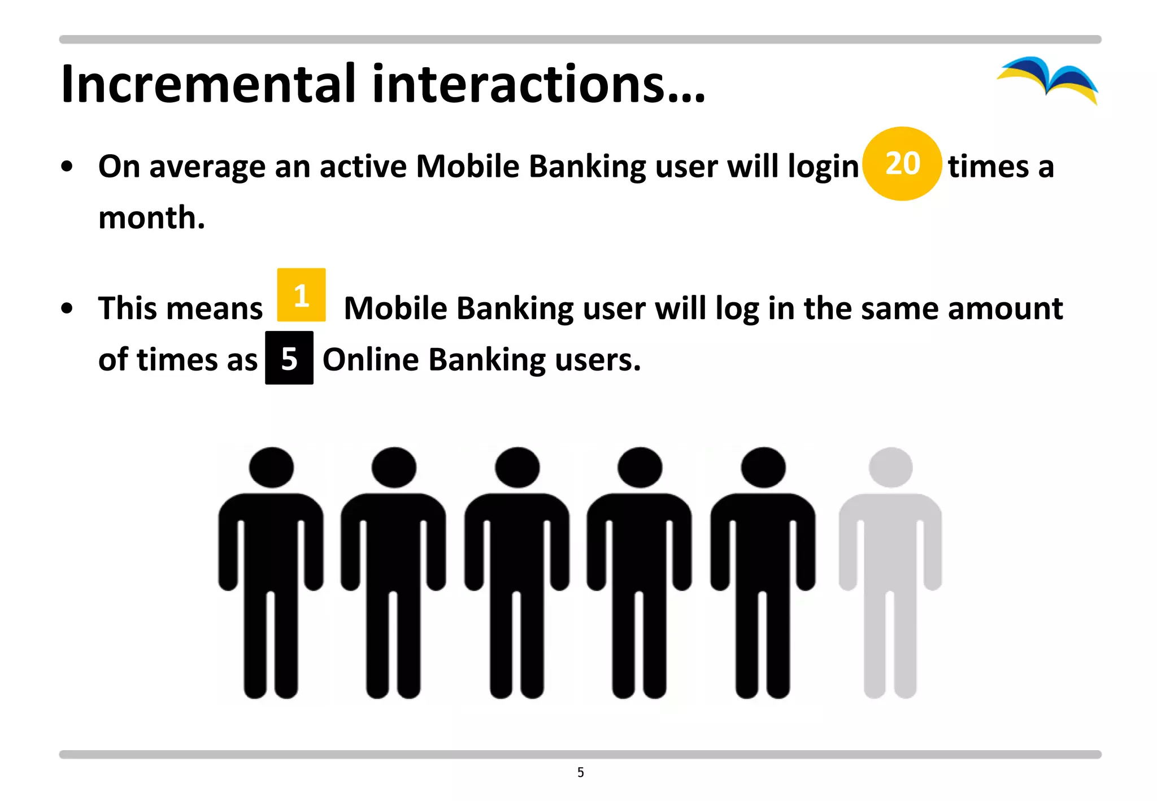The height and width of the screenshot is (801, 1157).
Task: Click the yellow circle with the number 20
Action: coord(902,164)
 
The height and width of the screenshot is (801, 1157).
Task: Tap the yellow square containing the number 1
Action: coord(301,295)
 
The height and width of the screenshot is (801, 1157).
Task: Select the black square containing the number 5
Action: coord(289,358)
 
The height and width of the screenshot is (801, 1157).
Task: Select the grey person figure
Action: coord(890,571)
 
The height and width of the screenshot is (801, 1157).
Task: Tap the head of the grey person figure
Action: coord(891,467)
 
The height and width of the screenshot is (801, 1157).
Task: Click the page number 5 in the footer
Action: coord(581,772)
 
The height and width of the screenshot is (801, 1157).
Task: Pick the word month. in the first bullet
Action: coord(151,217)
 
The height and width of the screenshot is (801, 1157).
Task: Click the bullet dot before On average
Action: coord(67,167)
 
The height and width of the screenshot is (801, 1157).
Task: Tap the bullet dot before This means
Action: coord(67,308)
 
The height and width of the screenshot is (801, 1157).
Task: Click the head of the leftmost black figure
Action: coord(271,467)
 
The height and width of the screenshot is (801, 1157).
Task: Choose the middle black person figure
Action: coord(517,571)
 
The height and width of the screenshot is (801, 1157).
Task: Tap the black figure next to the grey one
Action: coord(763,571)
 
